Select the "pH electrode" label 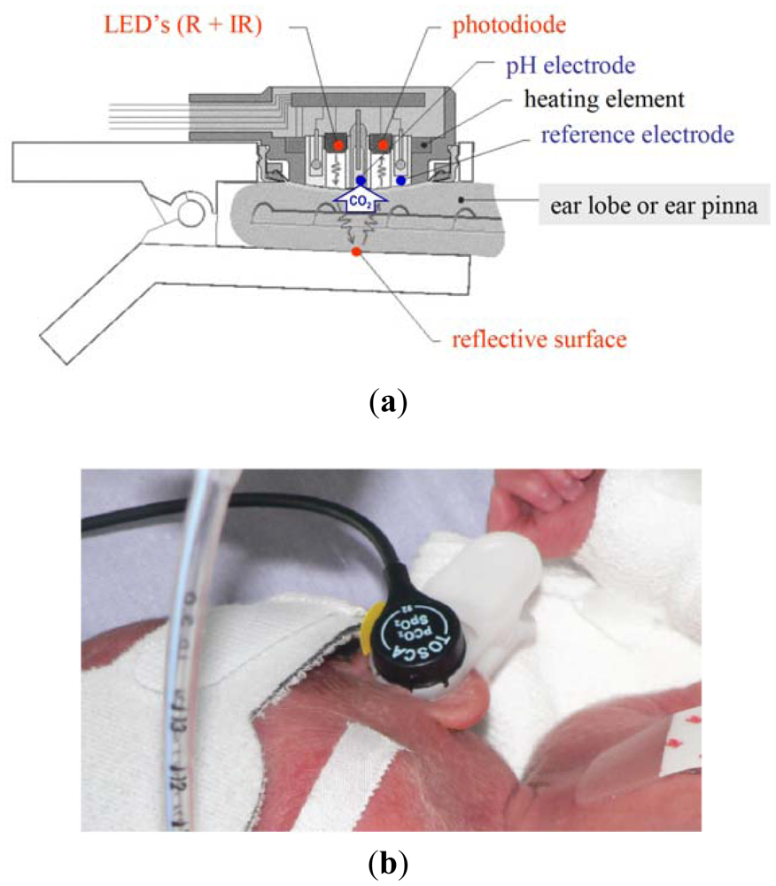point(567,65)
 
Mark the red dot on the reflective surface point(356,253)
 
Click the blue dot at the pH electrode point(361,181)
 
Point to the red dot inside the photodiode point(384,143)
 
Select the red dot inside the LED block point(337,143)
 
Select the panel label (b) point(388,862)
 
